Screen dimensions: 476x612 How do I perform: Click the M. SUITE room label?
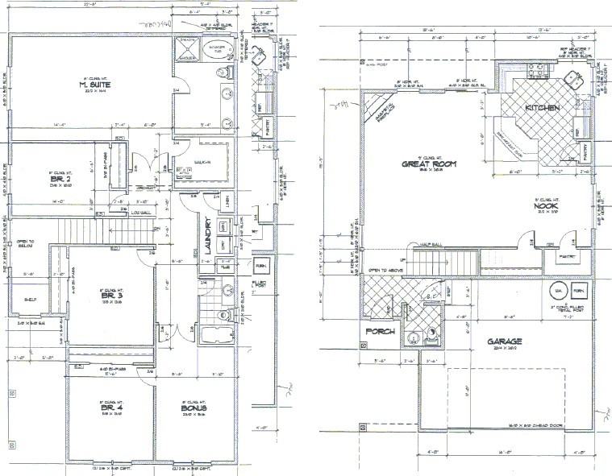pos(94,85)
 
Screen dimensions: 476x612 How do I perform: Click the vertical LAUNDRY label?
pos(207,236)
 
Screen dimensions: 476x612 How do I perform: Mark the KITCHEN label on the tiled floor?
pos(541,108)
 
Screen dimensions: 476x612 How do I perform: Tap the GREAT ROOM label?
pos(430,163)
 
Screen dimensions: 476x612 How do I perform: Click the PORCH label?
pos(380,332)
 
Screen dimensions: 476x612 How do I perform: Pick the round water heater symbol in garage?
pos(556,290)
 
